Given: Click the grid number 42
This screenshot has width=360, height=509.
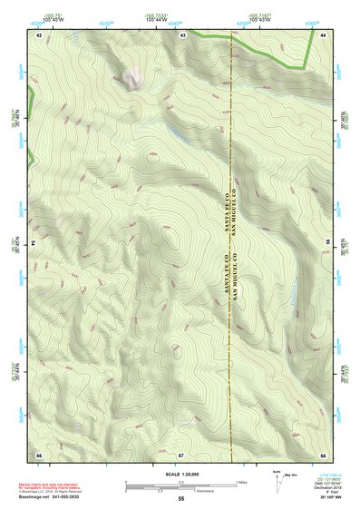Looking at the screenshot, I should pos(39,34).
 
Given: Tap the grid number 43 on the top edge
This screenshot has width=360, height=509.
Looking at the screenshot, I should pos(182,34).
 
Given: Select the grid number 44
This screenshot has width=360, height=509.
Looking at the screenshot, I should pos(324,34).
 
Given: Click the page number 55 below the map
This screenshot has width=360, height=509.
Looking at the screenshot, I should pos(181,498).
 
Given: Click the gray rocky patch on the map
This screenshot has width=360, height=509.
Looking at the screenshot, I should pos(132,76).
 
